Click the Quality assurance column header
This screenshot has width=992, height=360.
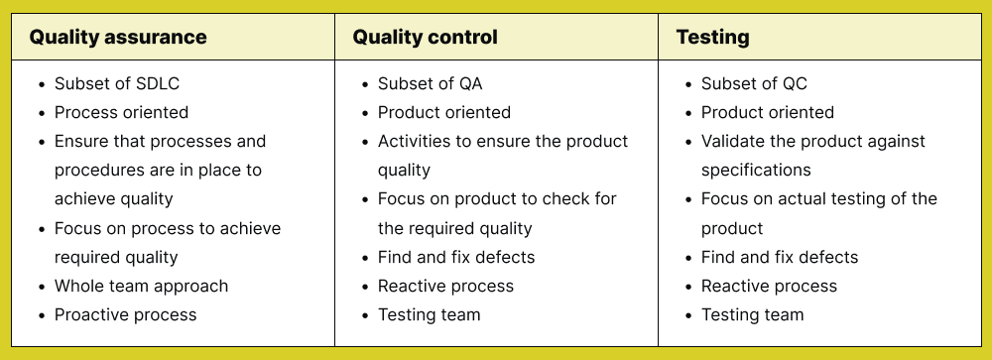(118, 38)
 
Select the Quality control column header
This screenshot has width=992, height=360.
(426, 38)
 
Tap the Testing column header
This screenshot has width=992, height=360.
(712, 38)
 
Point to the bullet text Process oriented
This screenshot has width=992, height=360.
(121, 112)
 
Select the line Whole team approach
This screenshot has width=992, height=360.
(141, 286)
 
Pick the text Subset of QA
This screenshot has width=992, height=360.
(430, 83)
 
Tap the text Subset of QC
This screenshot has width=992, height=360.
(754, 83)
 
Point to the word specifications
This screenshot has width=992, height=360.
(756, 170)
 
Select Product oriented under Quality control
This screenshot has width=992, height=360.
(444, 112)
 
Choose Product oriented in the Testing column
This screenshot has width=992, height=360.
(768, 112)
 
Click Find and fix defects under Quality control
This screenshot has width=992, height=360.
(456, 257)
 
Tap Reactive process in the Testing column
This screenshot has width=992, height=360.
(769, 286)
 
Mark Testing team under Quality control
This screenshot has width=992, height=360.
(429, 314)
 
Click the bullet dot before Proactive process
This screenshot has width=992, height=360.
(40, 315)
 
